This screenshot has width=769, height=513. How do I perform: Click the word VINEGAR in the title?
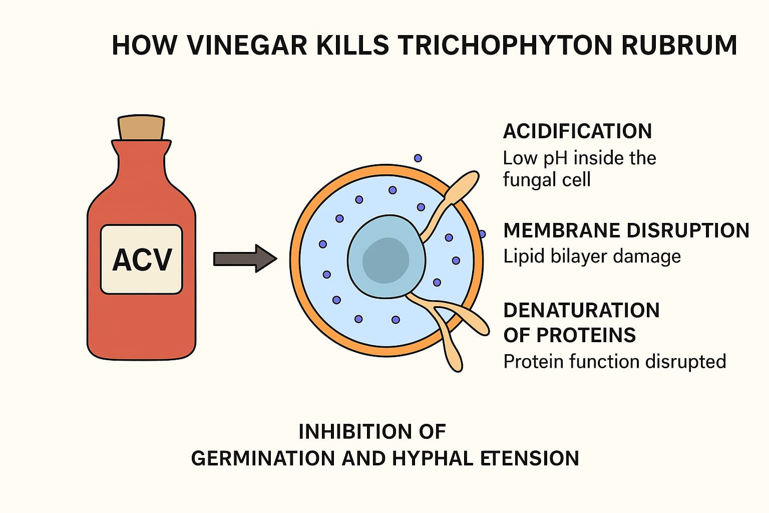246,45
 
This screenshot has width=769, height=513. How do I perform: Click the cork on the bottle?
141,128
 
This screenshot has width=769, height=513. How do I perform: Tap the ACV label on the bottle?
142,259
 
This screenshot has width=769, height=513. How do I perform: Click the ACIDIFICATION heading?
577,131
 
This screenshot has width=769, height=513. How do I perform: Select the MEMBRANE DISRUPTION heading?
626,230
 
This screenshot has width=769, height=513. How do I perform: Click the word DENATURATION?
581,311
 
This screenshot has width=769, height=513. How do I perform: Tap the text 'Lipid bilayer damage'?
592,256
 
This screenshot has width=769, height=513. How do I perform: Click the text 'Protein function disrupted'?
614,361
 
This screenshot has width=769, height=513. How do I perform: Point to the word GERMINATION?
263,458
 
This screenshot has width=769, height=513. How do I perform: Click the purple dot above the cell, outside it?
418,158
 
